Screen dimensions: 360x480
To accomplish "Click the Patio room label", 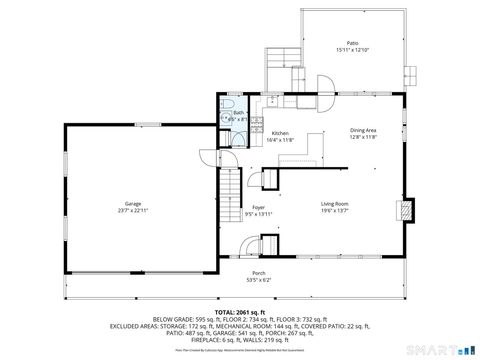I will pos(352,43).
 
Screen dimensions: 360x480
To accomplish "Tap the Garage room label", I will pos(132,203).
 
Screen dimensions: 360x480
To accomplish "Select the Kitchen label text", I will pos(280,133).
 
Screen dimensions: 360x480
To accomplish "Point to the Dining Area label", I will pos(362,131).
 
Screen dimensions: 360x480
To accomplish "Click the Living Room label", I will pos(334,203).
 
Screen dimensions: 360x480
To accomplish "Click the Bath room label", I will pos(239,113).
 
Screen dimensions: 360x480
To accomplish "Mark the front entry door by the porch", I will pos(269,245).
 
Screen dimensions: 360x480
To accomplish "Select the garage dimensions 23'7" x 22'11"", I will pos(132,210).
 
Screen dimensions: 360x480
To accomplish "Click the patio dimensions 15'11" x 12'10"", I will pos(352,50).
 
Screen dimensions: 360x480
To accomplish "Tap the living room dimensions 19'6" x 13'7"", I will pos(334,210).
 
